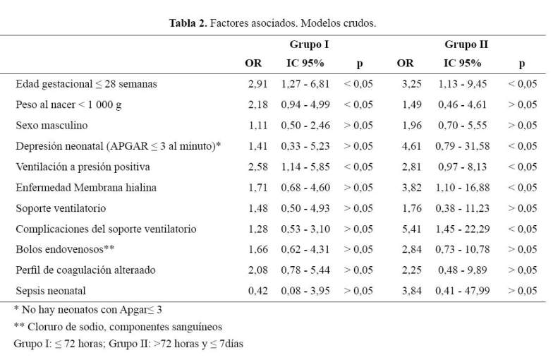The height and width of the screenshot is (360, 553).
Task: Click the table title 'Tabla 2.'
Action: click(x=188, y=23)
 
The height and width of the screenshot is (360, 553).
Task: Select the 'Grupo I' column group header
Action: click(x=309, y=44)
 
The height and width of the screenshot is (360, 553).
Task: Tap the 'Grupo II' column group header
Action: click(x=466, y=44)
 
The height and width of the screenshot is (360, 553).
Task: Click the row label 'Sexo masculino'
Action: click(x=51, y=126)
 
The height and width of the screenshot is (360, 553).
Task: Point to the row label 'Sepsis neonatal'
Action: click(x=51, y=291)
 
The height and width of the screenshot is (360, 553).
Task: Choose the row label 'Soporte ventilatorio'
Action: click(x=61, y=208)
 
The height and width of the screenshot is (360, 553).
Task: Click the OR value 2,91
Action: click(x=258, y=84)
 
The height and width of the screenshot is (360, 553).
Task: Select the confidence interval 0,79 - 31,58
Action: click(x=463, y=146)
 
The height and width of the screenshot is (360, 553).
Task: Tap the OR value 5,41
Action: click(x=412, y=229)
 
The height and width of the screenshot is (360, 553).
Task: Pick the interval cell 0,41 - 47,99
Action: click(x=463, y=291)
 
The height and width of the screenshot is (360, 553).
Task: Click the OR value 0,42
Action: click(x=258, y=291)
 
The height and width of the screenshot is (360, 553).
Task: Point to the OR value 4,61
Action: click(x=412, y=146)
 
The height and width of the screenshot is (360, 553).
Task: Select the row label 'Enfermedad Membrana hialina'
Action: click(x=86, y=188)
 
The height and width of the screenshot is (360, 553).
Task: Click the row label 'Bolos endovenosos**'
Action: click(x=65, y=249)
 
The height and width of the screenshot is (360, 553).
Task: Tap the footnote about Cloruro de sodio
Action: click(x=118, y=327)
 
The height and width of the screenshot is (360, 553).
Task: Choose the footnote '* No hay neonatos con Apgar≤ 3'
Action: click(x=87, y=310)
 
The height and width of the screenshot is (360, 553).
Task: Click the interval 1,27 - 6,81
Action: click(x=305, y=84)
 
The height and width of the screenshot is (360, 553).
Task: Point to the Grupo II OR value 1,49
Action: click(x=412, y=104)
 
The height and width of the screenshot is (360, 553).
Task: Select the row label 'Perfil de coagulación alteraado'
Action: click(x=85, y=270)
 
